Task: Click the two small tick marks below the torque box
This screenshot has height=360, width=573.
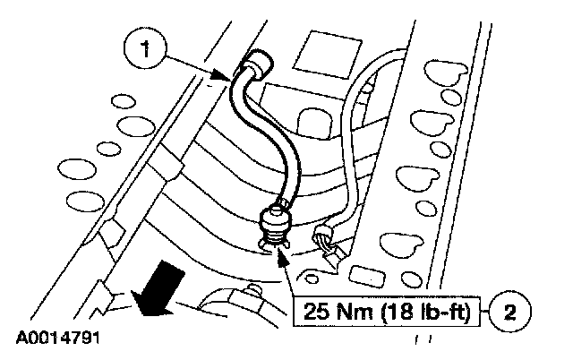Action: point(420,341)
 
